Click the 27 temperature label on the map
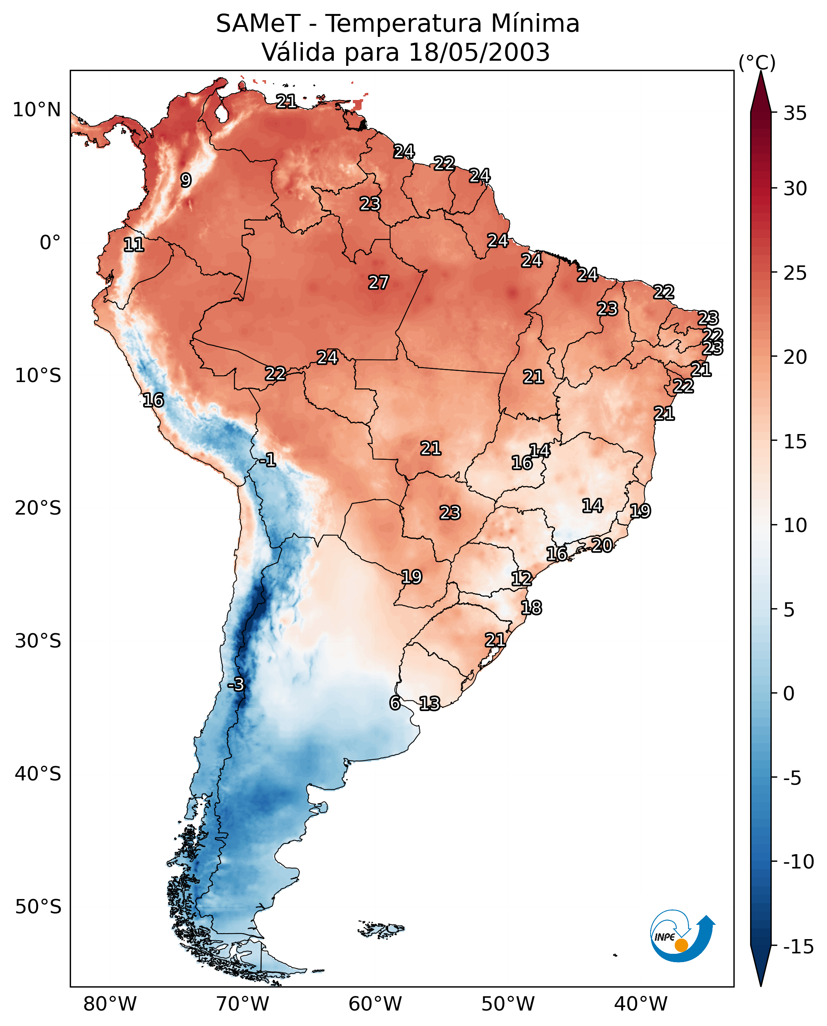click(379, 282)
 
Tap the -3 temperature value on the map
click(236, 684)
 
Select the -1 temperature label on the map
click(268, 459)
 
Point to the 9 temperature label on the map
click(186, 180)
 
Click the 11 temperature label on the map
click(134, 244)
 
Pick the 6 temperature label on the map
click(395, 703)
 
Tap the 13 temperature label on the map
click(430, 703)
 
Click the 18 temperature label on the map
click(532, 607)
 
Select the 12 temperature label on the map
click(522, 578)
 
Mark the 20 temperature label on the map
click(602, 545)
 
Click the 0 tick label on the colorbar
click(789, 694)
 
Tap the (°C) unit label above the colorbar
click(757, 62)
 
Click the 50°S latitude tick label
click(38, 906)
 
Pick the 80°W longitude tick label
click(110, 1003)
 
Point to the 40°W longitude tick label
click(641, 1003)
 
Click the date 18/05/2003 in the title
click(479, 52)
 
